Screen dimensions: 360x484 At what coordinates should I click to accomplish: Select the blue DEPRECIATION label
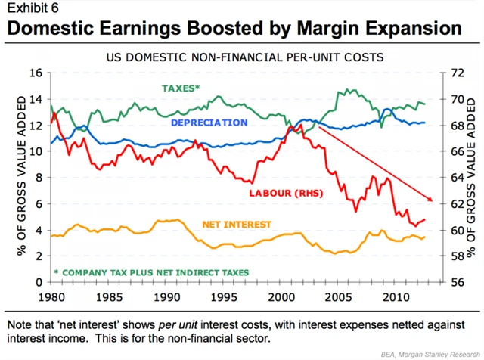tap(209, 123)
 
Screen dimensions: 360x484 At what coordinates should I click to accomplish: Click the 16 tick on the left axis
tap(36, 73)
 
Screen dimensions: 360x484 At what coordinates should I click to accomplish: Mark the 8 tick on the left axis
tap(39, 178)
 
